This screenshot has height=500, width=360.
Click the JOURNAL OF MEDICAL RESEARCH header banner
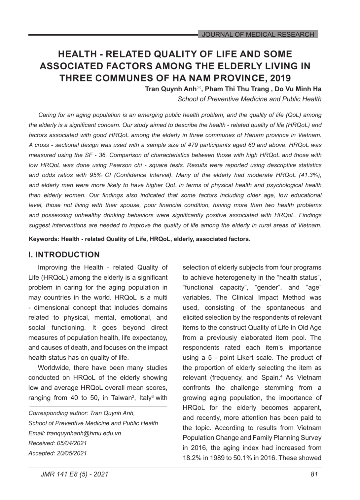258,34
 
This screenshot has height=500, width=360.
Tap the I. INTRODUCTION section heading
64,255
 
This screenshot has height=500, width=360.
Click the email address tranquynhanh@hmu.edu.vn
84,433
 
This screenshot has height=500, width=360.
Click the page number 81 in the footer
314,474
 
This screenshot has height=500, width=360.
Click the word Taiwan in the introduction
121,398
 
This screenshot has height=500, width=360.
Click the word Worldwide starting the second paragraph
53,368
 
